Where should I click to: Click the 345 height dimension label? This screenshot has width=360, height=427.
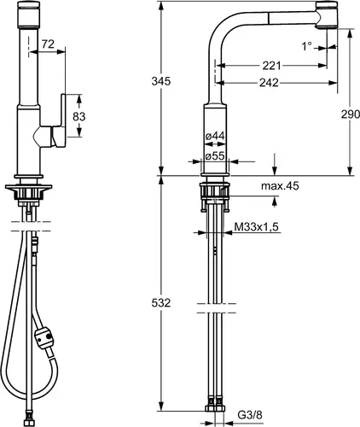pos(161,81)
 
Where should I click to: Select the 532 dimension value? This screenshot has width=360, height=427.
pos(161,302)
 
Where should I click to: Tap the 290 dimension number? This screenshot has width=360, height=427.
pos(351,114)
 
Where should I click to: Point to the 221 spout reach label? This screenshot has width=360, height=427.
pos(271,66)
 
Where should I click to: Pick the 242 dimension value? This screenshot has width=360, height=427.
pos(269,83)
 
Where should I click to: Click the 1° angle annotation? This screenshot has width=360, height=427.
pos(306,46)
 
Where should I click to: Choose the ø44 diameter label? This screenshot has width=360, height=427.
pos(215,136)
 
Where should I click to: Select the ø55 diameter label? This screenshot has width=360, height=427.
pos(215,155)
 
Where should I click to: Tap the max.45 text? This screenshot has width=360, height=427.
pos(280,186)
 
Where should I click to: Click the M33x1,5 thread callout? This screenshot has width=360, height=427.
pos(256,227)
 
